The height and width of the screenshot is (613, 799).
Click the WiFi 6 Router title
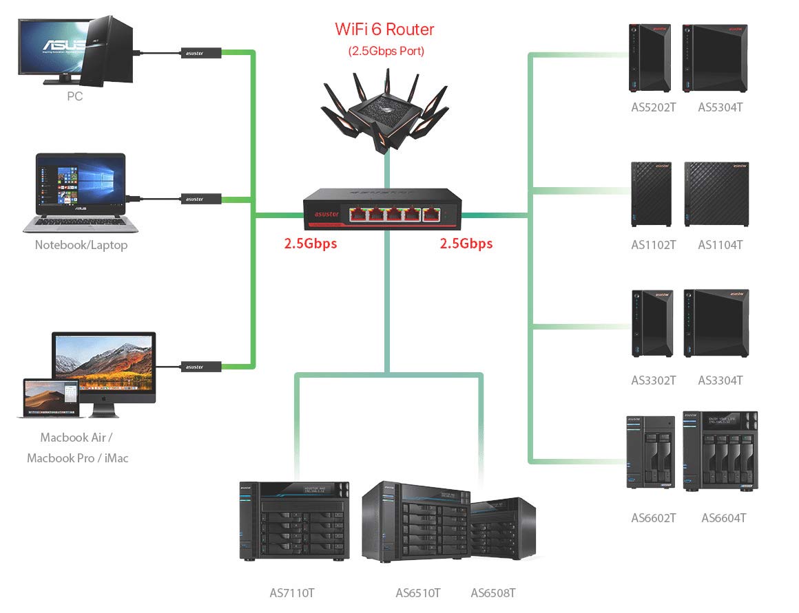click(384, 29)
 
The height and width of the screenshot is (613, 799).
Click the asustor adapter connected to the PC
click(201, 52)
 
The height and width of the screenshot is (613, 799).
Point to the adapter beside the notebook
click(201, 199)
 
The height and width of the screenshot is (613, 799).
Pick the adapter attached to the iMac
click(201, 367)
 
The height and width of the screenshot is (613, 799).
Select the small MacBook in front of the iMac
click(51, 398)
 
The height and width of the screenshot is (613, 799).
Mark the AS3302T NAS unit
click(652, 323)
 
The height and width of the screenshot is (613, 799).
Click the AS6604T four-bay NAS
click(720, 451)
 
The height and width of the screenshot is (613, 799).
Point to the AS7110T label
click(292, 592)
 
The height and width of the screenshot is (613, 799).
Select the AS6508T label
click(493, 592)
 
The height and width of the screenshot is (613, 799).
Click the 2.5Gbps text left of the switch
click(311, 243)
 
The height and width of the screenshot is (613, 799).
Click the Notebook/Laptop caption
click(81, 245)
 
